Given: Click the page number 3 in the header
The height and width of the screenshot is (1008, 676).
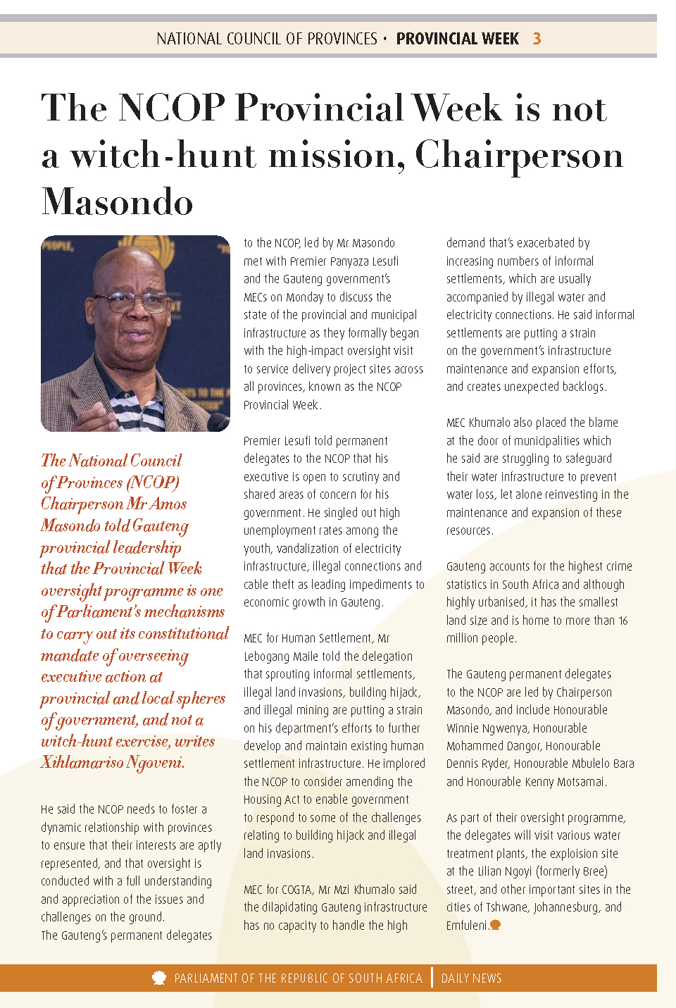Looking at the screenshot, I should coord(537,39).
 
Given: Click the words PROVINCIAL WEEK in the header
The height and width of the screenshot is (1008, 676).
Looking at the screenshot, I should coord(457,39).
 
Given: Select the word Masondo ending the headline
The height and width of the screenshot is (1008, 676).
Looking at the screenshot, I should coord(118,202).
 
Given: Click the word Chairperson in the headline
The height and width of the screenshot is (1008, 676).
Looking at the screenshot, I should coord(519,155).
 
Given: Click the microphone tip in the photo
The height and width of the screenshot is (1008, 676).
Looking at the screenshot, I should coord(219,422).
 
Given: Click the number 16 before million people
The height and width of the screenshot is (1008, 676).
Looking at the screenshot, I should coord(623,621).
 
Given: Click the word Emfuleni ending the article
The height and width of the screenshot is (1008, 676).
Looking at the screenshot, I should coord(467,926).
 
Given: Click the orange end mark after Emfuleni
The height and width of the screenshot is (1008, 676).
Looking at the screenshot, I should coord(496,925).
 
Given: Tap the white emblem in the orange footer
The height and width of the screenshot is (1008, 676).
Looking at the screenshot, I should coord(159,978).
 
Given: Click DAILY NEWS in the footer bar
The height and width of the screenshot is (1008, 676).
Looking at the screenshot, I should coord(471,978).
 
